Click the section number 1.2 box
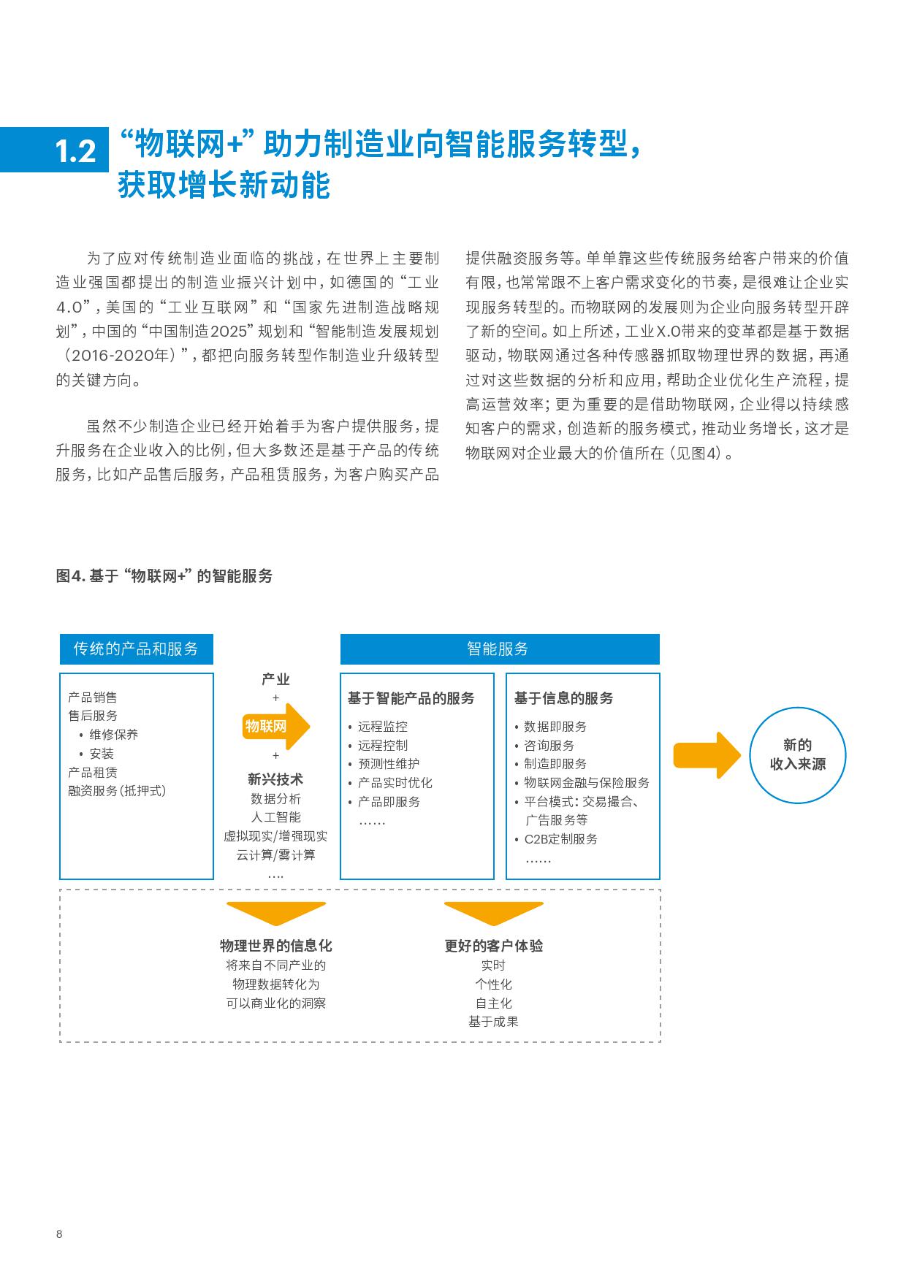54,150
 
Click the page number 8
59,1234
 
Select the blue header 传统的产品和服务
136,649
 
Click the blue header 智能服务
500,649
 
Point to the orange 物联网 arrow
276,726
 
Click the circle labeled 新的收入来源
798,754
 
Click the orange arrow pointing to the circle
707,755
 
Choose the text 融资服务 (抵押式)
117,791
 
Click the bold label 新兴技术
275,779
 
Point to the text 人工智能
275,817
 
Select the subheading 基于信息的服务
563,698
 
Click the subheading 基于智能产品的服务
411,698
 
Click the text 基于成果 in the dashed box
493,1022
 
